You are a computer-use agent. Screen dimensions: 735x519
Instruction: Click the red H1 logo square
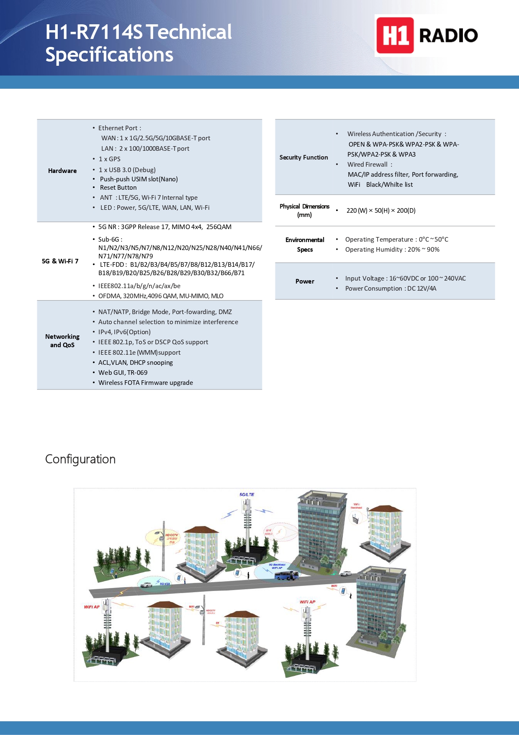tap(395, 36)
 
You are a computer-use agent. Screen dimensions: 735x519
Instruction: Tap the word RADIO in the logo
tap(448, 36)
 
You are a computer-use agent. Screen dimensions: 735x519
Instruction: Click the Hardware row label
tap(62, 171)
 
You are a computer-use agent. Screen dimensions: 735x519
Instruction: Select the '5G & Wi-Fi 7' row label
tap(60, 261)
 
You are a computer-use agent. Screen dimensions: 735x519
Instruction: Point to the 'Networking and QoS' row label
tap(62, 341)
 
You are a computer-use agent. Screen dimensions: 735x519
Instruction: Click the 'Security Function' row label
tap(304, 157)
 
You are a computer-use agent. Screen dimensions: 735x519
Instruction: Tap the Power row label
tap(305, 281)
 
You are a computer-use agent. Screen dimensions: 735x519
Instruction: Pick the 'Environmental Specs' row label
tap(305, 245)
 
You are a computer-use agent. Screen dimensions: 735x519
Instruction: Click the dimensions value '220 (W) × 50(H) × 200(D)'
tap(381, 211)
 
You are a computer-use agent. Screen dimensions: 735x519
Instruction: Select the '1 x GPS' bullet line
tap(109, 159)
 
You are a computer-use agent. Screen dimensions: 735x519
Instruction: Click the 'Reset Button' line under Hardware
tap(118, 188)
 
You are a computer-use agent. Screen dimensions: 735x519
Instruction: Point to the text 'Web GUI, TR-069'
tap(123, 373)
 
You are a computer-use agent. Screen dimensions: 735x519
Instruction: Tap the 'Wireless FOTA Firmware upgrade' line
tap(146, 383)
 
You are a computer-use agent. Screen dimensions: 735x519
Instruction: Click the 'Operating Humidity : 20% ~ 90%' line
tap(392, 250)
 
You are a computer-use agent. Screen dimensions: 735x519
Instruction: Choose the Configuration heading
tap(80, 459)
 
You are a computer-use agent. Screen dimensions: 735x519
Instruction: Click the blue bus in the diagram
tap(286, 575)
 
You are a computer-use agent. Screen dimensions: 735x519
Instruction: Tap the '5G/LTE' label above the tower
tap(247, 495)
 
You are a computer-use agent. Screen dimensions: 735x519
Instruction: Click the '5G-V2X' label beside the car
tap(165, 583)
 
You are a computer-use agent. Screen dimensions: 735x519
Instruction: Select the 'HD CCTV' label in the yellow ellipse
tap(172, 535)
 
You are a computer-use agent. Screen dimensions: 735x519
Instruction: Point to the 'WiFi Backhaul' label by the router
tap(356, 506)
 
